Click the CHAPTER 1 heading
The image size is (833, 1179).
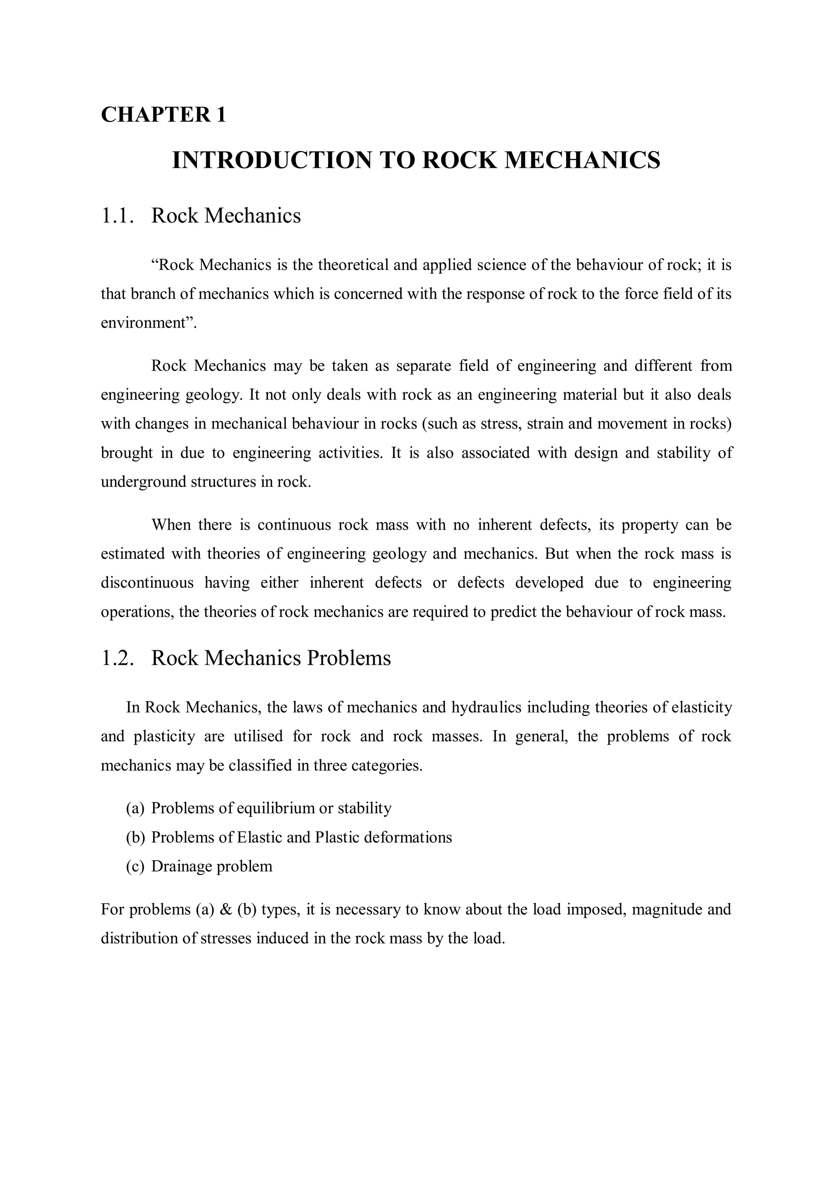pyautogui.click(x=163, y=114)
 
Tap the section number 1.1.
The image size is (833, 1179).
pyautogui.click(x=118, y=216)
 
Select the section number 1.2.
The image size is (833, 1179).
pyautogui.click(x=118, y=658)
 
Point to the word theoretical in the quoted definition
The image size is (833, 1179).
pyautogui.click(x=353, y=265)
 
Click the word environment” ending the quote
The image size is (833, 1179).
pyautogui.click(x=149, y=324)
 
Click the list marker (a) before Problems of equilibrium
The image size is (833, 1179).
pyautogui.click(x=135, y=809)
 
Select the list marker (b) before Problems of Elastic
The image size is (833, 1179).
pyautogui.click(x=135, y=838)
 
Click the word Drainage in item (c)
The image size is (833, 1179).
pyautogui.click(x=182, y=867)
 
